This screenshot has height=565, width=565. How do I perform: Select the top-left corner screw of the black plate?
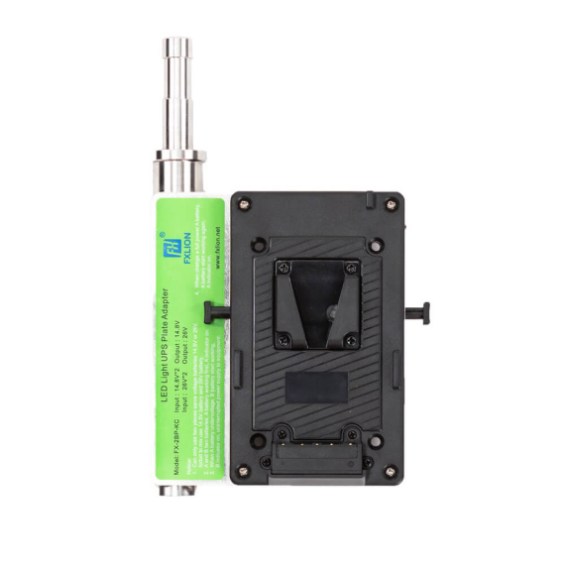point(245,205)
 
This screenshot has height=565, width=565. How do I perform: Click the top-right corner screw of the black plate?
point(390,204)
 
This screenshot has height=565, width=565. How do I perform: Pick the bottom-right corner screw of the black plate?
point(390,470)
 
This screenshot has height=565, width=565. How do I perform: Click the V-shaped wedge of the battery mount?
point(316,297)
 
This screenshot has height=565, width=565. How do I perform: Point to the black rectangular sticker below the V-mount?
point(316,387)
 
